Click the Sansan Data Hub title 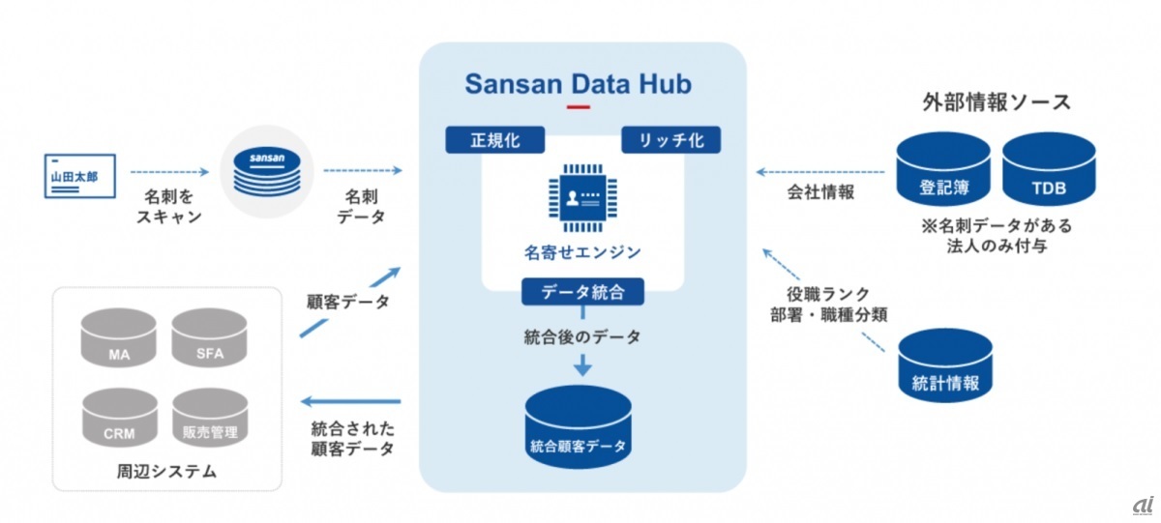pyautogui.click(x=579, y=83)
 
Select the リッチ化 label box pyautogui.click(x=670, y=140)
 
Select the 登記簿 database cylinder pyautogui.click(x=943, y=170)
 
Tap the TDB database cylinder pyautogui.click(x=1049, y=170)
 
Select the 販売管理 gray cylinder pyautogui.click(x=210, y=420)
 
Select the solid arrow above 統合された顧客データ pyautogui.click(x=350, y=400)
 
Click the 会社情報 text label pyautogui.click(x=821, y=192)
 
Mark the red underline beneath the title pyautogui.click(x=579, y=106)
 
